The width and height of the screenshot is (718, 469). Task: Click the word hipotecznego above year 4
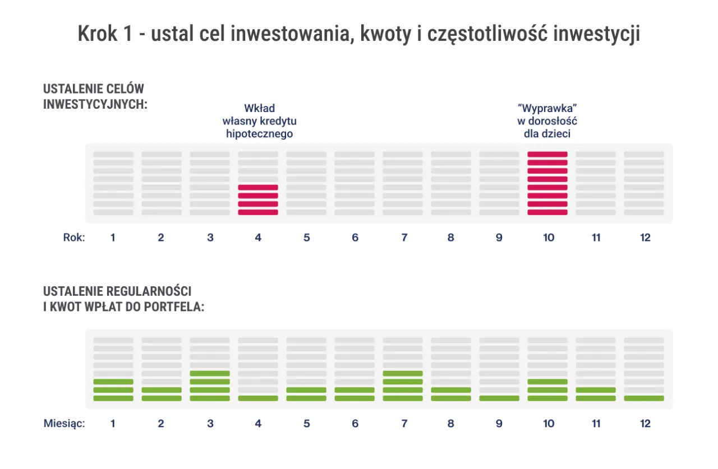pos(259,134)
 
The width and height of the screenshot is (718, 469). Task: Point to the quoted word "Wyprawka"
pos(547,108)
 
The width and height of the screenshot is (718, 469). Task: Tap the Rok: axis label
pos(73,238)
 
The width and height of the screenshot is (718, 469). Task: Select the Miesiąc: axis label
pos(64,424)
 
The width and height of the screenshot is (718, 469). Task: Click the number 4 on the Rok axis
pos(258,238)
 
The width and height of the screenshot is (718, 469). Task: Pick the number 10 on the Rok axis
pos(548,238)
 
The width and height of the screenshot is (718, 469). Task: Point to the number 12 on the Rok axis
pos(645,238)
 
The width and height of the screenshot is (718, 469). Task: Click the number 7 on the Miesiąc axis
pos(403,424)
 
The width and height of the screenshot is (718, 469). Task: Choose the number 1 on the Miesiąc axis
pos(113,424)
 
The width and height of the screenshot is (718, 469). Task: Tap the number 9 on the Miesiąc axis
pos(499,424)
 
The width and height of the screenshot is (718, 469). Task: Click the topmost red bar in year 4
pos(258,187)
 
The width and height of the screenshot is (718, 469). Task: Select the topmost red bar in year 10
pos(547,154)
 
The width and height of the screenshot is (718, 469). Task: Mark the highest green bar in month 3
pos(210,373)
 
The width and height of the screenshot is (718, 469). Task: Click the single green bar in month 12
pos(644,398)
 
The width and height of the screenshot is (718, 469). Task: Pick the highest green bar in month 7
pos(403,373)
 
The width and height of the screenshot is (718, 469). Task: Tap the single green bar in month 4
pos(258,398)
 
